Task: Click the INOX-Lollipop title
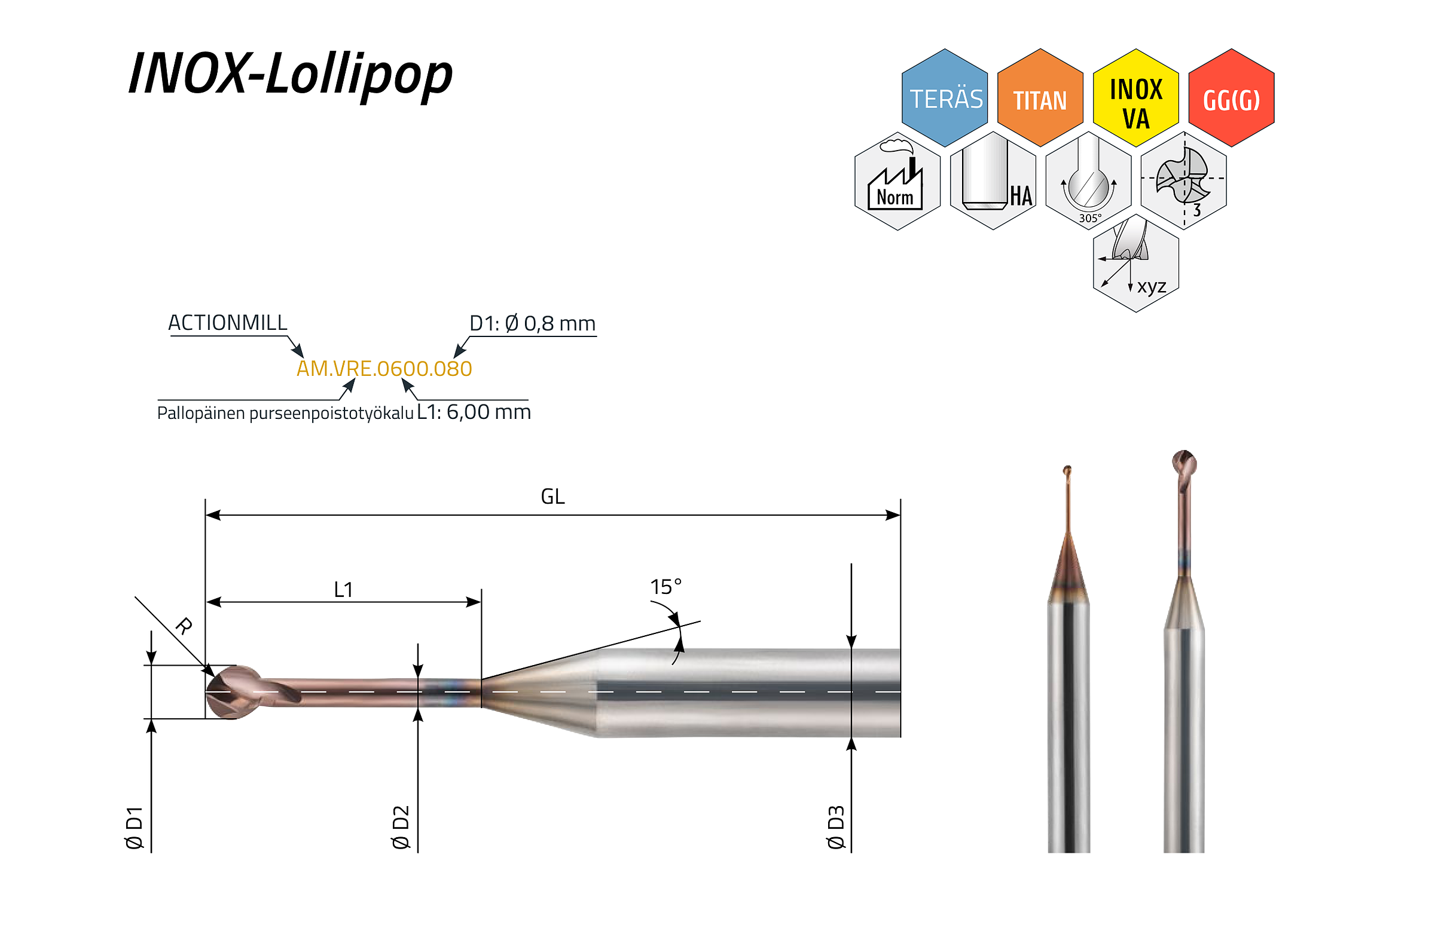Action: point(290,75)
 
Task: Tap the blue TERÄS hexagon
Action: point(945,98)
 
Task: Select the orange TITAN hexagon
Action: point(1040,98)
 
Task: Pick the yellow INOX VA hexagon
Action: point(1135,98)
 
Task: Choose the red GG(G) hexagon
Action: point(1231,98)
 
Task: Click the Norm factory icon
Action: point(897,181)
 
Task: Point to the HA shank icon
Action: point(993,181)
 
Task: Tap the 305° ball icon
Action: point(1088,181)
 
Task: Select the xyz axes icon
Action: point(1135,264)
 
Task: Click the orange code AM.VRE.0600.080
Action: point(384,369)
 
